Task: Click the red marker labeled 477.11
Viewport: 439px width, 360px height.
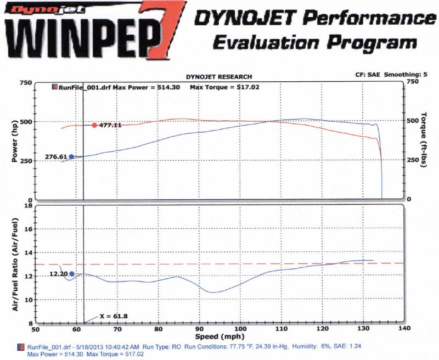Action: [94, 125]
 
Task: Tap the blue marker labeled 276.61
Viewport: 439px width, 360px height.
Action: [71, 156]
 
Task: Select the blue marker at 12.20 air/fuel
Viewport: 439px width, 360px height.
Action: [71, 273]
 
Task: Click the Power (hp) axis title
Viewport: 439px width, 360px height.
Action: [15, 141]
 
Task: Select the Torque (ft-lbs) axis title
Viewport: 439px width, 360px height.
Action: [423, 141]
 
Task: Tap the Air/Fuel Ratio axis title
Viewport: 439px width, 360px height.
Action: [15, 264]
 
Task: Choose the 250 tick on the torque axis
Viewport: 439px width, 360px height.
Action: [412, 161]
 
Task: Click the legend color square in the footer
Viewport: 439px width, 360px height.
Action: [21, 347]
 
